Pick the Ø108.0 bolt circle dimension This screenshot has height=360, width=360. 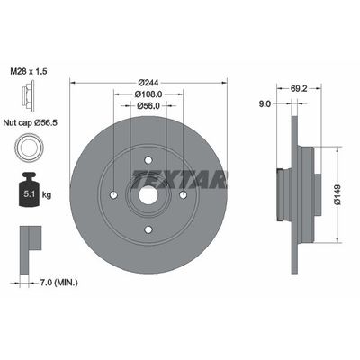pos(148,94)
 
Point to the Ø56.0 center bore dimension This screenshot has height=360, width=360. pos(148,106)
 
